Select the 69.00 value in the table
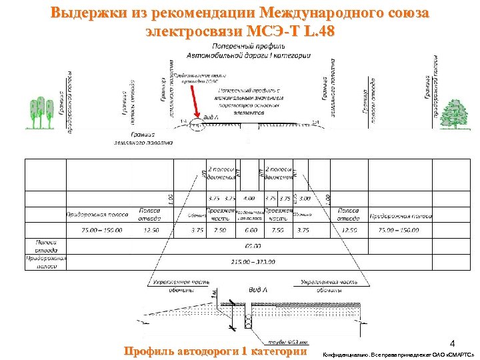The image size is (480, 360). (x=253, y=246)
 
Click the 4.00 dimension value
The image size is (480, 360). (x=249, y=198)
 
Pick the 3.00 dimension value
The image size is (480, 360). (x=305, y=198)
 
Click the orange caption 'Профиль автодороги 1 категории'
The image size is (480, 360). (x=215, y=351)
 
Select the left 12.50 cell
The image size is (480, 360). (x=151, y=230)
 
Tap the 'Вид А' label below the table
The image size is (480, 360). (x=257, y=289)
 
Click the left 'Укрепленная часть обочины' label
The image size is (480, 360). (x=181, y=286)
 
